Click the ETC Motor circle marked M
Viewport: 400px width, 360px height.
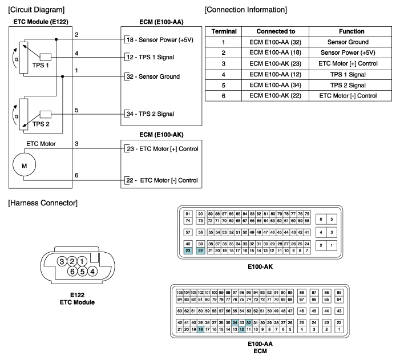[24, 164]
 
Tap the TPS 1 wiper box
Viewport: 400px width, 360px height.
[46, 57]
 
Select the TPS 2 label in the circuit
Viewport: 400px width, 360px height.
[41, 124]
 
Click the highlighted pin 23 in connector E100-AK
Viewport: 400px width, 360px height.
[188, 251]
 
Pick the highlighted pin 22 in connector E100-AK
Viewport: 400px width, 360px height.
[200, 251]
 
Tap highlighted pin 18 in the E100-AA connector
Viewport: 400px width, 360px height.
[200, 329]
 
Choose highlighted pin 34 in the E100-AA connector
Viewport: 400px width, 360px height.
[235, 322]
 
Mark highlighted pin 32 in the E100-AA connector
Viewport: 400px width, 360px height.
[249, 322]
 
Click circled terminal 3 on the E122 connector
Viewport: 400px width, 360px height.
[62, 261]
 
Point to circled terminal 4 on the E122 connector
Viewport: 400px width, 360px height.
[92, 271]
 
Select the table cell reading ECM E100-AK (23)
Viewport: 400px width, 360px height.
[275, 63]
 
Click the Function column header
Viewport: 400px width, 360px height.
[351, 31]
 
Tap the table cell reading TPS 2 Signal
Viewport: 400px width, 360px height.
[348, 85]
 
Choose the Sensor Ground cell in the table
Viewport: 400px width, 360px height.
[348, 42]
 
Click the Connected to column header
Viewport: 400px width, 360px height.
[276, 31]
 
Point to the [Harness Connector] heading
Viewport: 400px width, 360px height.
[43, 203]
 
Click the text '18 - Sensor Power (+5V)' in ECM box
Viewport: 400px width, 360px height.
[160, 40]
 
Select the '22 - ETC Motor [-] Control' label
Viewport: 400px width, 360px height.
[162, 180]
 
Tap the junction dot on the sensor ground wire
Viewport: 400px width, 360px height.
[63, 76]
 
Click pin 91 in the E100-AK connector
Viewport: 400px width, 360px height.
[188, 214]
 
